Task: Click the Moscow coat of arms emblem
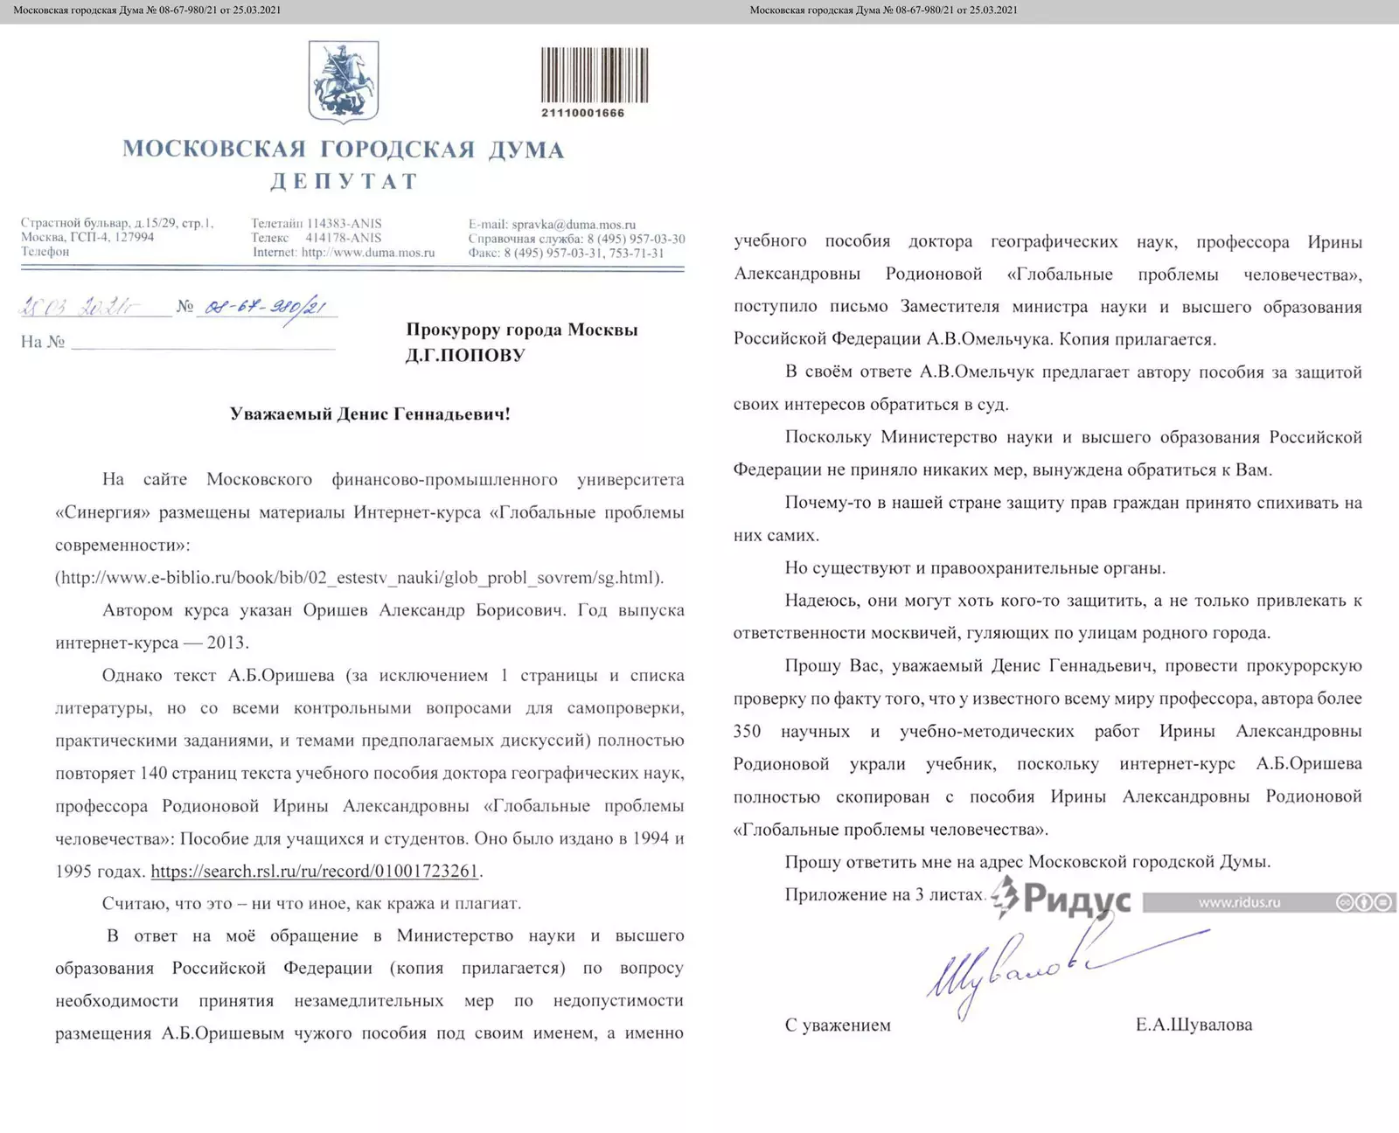344,81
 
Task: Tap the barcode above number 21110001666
595,75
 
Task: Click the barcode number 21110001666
582,113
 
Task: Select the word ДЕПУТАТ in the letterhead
344,181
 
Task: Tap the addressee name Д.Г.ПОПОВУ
464,355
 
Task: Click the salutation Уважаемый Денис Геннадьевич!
370,414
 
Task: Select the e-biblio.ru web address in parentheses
359,577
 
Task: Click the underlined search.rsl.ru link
315,871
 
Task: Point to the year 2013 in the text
227,643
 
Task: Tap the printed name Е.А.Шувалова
1194,1025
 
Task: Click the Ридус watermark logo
1062,900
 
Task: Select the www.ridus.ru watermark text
1239,902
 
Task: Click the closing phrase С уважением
838,1025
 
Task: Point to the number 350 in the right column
748,731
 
